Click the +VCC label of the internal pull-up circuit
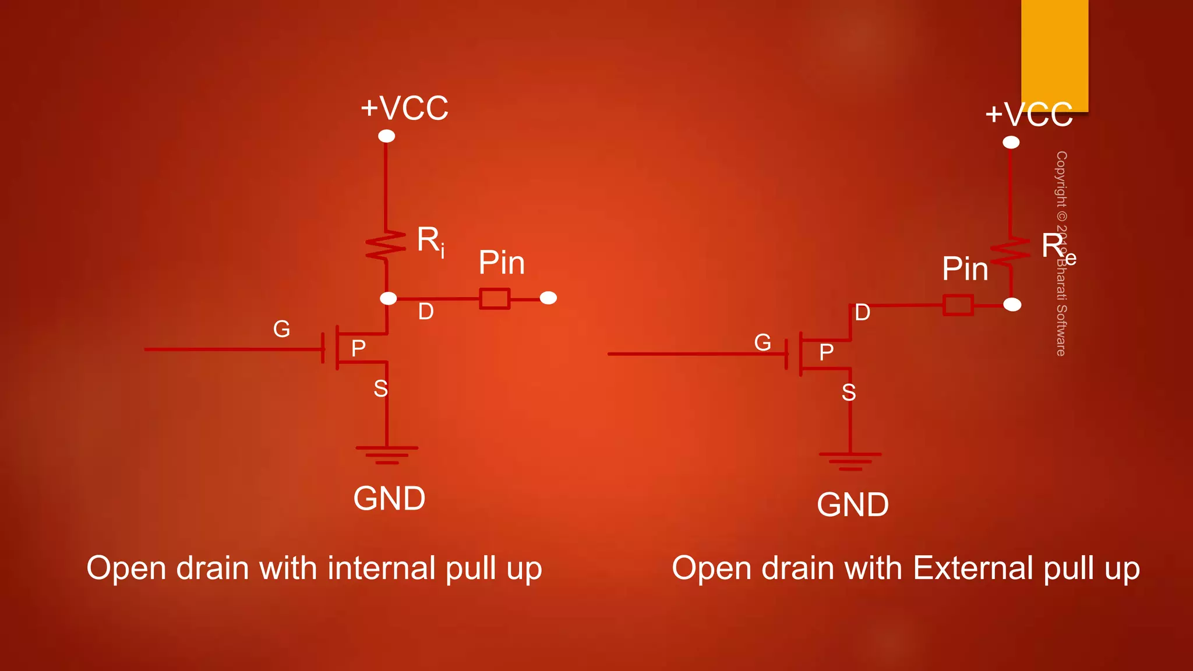[x=404, y=108]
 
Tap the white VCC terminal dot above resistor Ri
[x=386, y=136]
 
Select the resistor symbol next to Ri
[x=385, y=245]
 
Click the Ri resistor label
[x=430, y=241]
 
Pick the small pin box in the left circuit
[x=495, y=299]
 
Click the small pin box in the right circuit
[x=958, y=305]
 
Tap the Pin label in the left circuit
[x=502, y=263]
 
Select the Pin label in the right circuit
[x=965, y=269]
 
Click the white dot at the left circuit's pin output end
[x=548, y=298]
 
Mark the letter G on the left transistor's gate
[x=281, y=329]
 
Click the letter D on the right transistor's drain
[x=862, y=313]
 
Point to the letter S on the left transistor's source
[x=380, y=389]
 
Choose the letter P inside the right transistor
[x=826, y=352]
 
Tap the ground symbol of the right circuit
[x=850, y=461]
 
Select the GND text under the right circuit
[x=852, y=504]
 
